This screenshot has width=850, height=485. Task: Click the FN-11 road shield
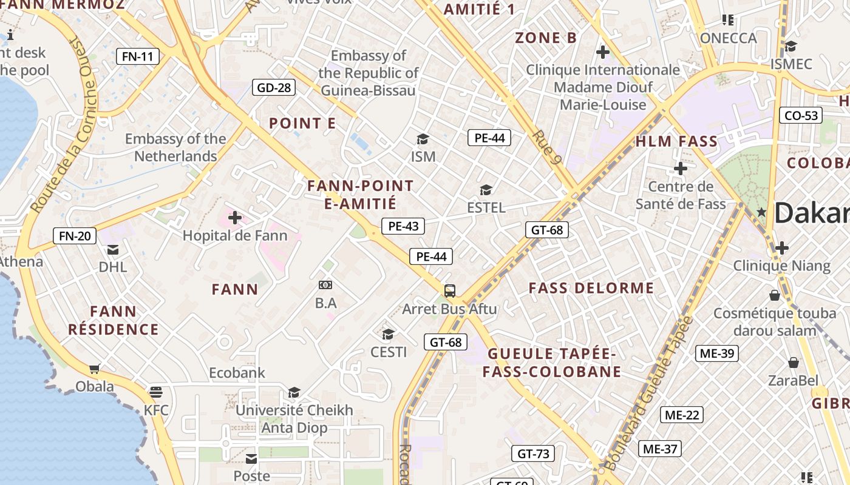click(137, 57)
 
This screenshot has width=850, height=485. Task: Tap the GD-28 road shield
click(274, 88)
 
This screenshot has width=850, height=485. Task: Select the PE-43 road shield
click(403, 227)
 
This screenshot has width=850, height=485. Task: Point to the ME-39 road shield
click(716, 353)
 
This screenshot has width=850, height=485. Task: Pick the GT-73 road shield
click(533, 453)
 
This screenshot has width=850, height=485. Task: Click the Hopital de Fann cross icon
click(234, 218)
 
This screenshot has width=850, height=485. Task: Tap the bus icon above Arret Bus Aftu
click(449, 291)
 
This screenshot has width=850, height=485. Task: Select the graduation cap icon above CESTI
click(388, 334)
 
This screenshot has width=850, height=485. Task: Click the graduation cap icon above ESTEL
click(486, 190)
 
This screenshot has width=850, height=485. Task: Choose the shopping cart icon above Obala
click(95, 368)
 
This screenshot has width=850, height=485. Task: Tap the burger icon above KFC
click(156, 392)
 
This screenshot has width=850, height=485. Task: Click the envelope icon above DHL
click(113, 250)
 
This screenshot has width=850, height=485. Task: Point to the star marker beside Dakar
click(761, 212)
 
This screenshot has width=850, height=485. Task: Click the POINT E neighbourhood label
click(302, 124)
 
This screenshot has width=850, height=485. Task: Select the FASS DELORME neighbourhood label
click(591, 288)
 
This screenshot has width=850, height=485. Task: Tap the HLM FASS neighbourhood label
click(676, 142)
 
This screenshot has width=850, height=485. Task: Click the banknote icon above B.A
click(325, 284)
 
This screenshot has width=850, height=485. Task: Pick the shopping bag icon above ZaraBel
click(793, 363)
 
